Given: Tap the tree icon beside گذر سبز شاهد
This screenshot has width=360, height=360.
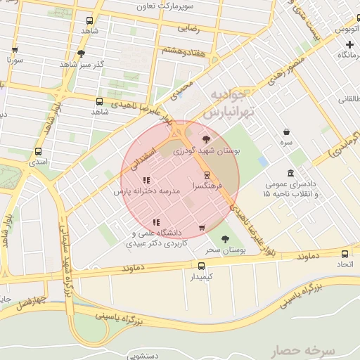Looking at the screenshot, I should pos(81,53).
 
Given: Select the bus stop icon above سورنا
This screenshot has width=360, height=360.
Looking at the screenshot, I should pos(15,50).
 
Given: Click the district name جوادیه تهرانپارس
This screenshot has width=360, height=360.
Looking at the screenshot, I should pos(226,103).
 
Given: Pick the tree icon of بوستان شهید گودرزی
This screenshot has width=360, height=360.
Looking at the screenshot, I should pos(205,139).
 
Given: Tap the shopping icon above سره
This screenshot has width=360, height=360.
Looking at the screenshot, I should pos(286,131).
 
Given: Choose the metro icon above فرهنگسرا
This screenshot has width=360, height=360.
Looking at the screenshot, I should pos(207,175).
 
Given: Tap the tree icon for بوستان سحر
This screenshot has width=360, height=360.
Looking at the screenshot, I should pos(224,239).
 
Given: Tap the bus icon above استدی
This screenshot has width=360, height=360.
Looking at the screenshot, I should pos(38,150).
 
